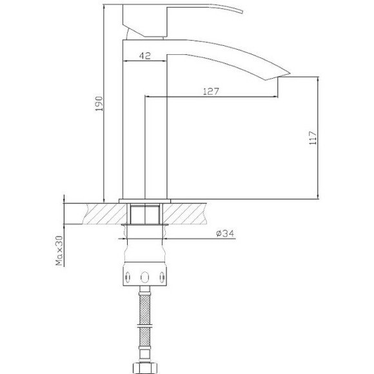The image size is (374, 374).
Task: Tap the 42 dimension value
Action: (144, 56)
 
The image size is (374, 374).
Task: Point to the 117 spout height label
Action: (312, 138)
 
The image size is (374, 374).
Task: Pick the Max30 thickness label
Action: (59, 251)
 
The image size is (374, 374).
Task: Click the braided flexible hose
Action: (145, 322)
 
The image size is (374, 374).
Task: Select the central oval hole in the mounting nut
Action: (145, 277)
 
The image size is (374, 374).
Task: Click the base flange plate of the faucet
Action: (145, 199)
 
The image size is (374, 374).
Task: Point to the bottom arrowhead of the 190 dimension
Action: (103, 197)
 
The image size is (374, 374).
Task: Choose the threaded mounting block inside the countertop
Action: (145, 213)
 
